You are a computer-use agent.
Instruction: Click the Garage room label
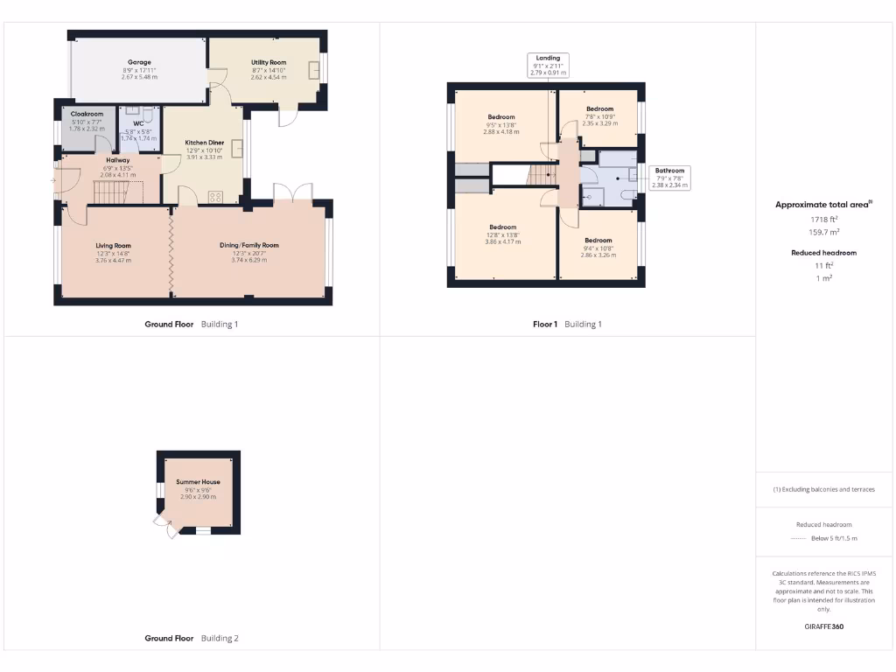pyautogui.click(x=139, y=62)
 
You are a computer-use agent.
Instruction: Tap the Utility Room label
pyautogui.click(x=269, y=62)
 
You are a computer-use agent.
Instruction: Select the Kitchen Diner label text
pyautogui.click(x=204, y=142)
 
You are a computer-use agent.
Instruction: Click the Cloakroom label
pyautogui.click(x=87, y=114)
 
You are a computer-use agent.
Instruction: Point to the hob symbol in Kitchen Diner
pyautogui.click(x=215, y=196)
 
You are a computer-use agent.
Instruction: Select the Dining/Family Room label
pyautogui.click(x=248, y=246)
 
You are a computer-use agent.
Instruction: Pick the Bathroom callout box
pyautogui.click(x=670, y=178)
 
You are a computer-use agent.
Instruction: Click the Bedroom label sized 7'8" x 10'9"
pyautogui.click(x=599, y=109)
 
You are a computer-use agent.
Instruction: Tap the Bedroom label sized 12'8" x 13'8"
pyautogui.click(x=502, y=227)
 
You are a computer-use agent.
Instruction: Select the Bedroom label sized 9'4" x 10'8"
pyautogui.click(x=598, y=240)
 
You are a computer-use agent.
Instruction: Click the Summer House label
pyautogui.click(x=198, y=482)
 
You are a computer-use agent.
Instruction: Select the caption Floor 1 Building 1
pyautogui.click(x=567, y=324)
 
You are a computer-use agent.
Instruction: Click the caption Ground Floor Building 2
pyautogui.click(x=191, y=638)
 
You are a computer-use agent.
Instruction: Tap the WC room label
pyautogui.click(x=138, y=123)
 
